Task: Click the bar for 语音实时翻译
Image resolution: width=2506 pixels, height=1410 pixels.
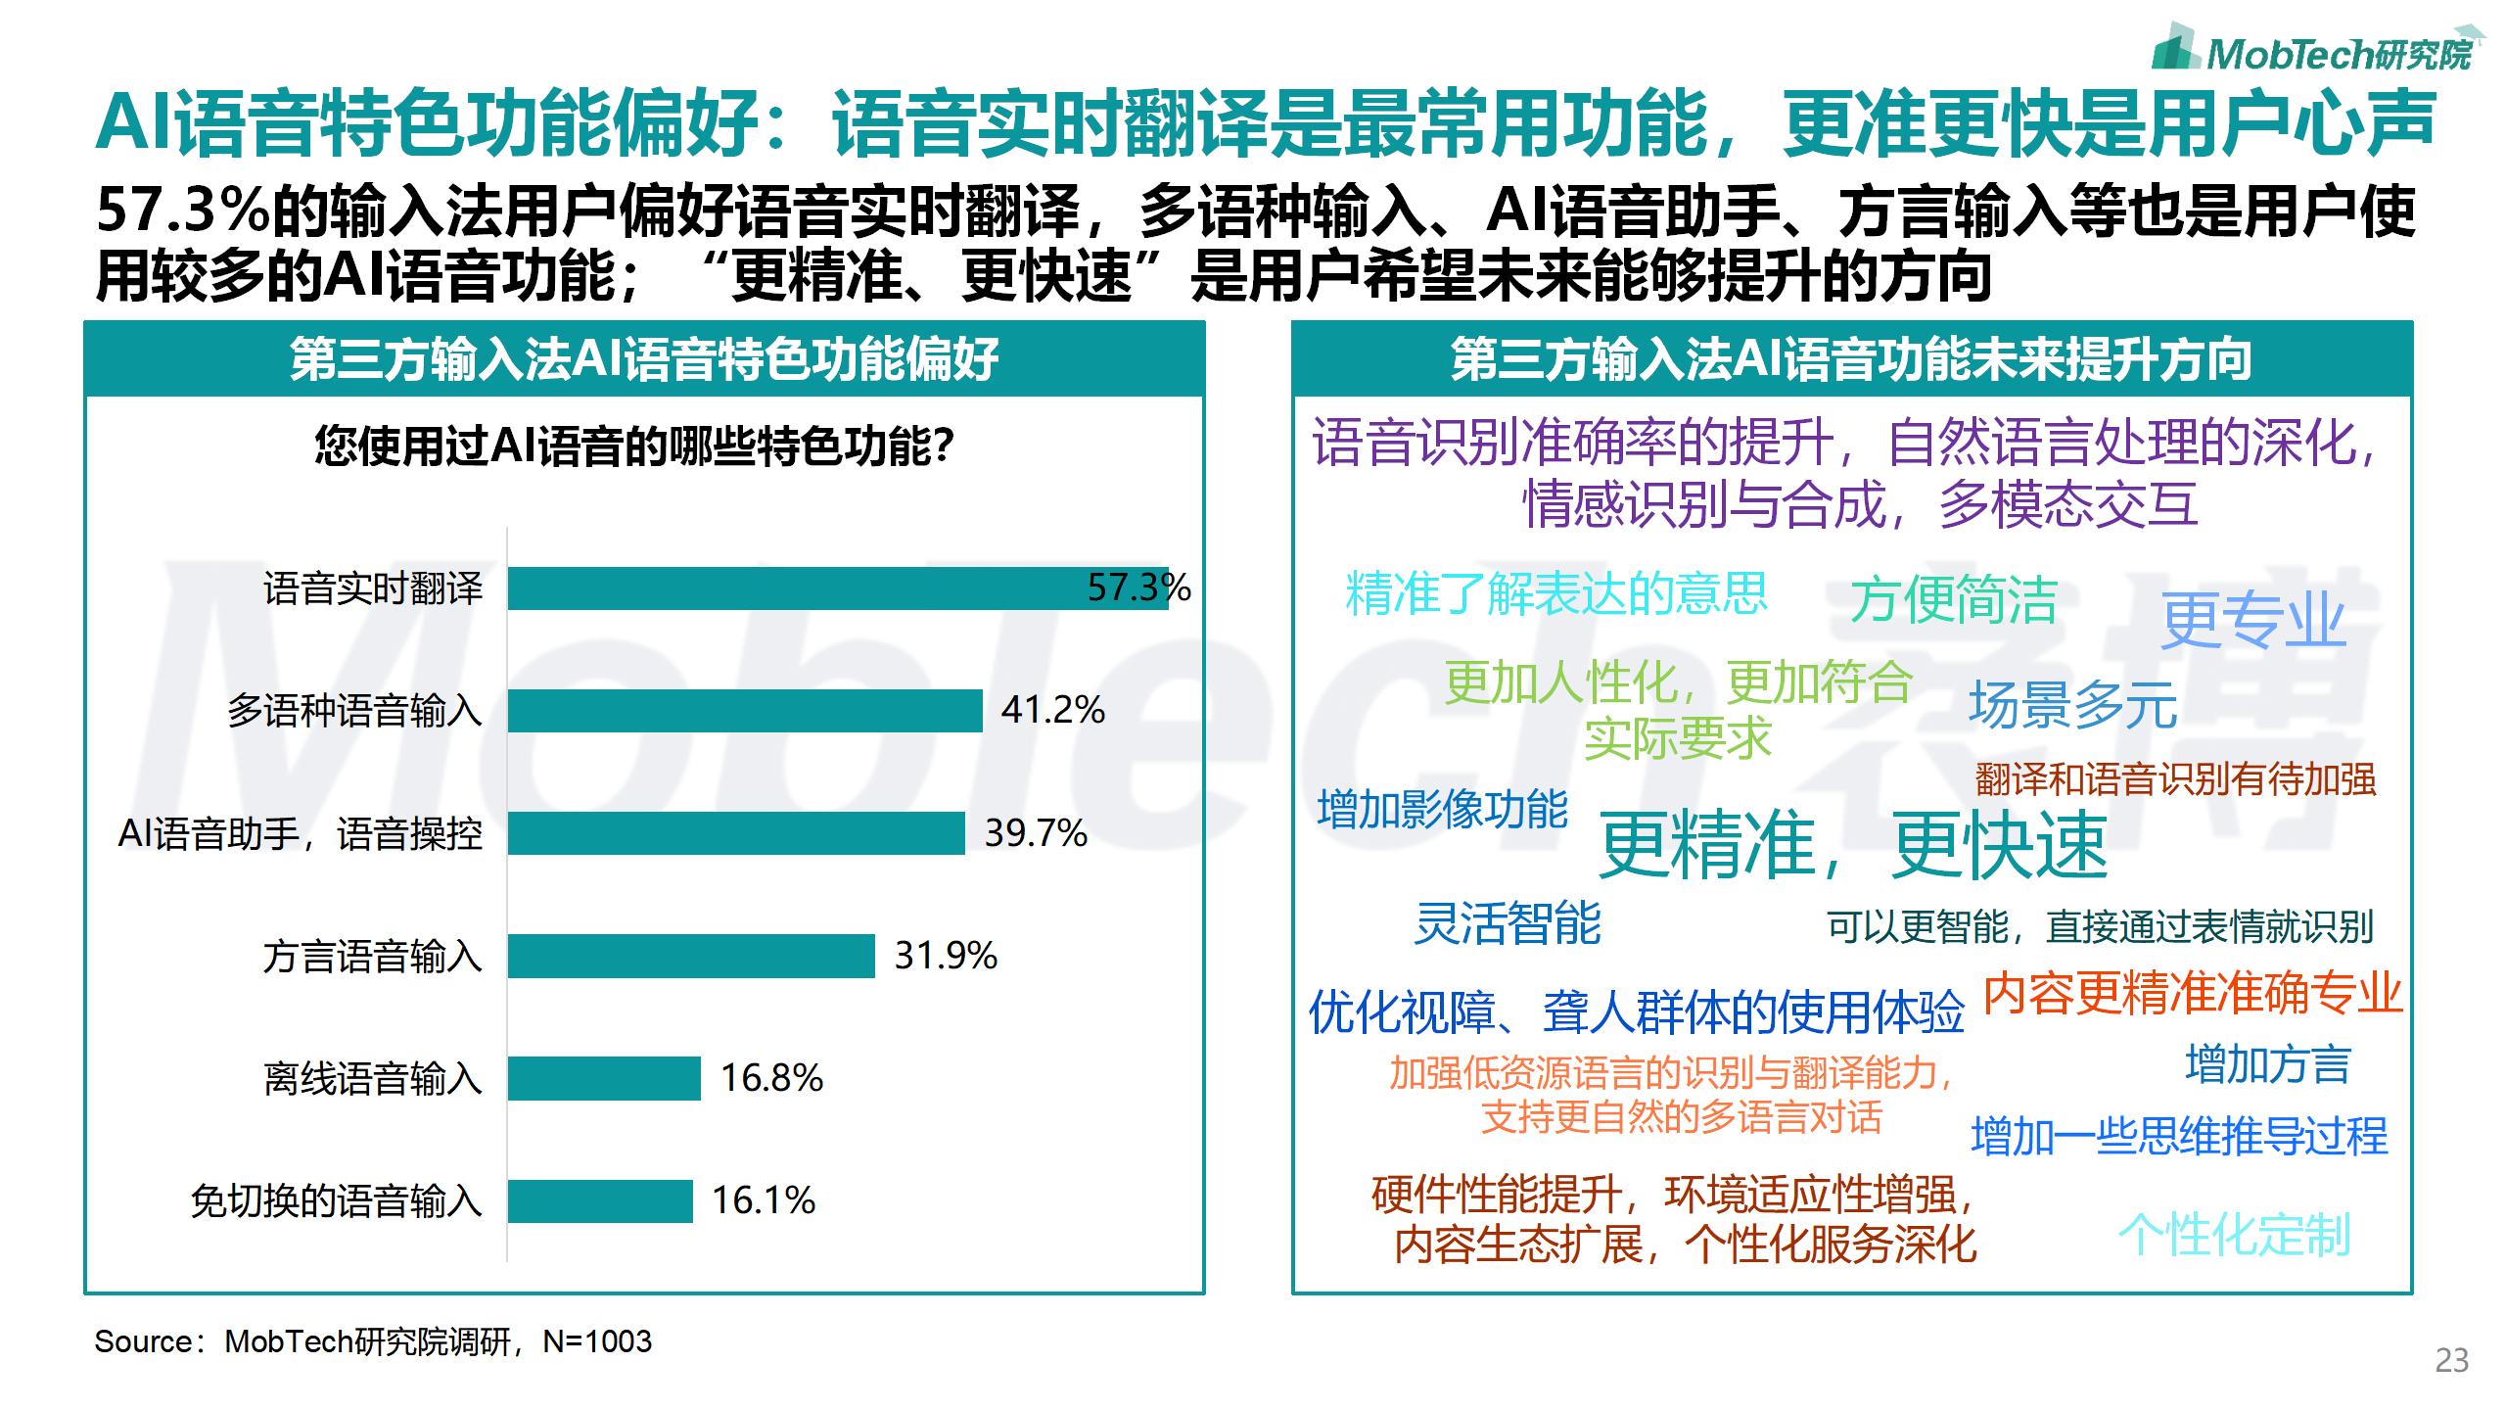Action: (x=837, y=588)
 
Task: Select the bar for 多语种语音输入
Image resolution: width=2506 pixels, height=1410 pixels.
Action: (x=744, y=711)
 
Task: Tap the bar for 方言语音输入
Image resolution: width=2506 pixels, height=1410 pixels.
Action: (x=690, y=956)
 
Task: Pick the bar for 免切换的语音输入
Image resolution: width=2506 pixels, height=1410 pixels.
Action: (x=599, y=1201)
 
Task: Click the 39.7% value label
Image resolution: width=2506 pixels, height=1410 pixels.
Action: (x=1036, y=833)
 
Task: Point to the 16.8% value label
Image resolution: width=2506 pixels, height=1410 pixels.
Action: (x=771, y=1078)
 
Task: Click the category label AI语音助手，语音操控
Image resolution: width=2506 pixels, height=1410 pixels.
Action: (x=300, y=834)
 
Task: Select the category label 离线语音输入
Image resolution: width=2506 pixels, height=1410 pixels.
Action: (x=373, y=1079)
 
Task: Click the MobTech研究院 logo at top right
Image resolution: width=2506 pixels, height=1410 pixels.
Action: (x=2314, y=49)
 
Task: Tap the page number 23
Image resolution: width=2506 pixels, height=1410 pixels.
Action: (x=2451, y=1361)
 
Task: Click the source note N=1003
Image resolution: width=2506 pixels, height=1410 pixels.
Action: (x=372, y=1341)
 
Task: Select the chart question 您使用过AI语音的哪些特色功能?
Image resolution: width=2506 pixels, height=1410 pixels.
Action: (x=634, y=446)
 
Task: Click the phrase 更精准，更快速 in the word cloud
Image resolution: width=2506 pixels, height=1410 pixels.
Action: (x=1852, y=845)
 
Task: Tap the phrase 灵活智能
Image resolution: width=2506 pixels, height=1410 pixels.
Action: (x=1508, y=923)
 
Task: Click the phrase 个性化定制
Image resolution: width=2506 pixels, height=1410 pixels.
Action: (x=2235, y=1235)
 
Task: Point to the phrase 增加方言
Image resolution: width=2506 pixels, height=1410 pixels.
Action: (x=2268, y=1064)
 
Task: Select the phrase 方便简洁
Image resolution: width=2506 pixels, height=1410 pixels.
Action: (x=1954, y=599)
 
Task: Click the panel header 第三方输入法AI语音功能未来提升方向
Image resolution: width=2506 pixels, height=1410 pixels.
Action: (x=1851, y=359)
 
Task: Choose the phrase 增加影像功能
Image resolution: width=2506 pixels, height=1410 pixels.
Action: (x=1443, y=810)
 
